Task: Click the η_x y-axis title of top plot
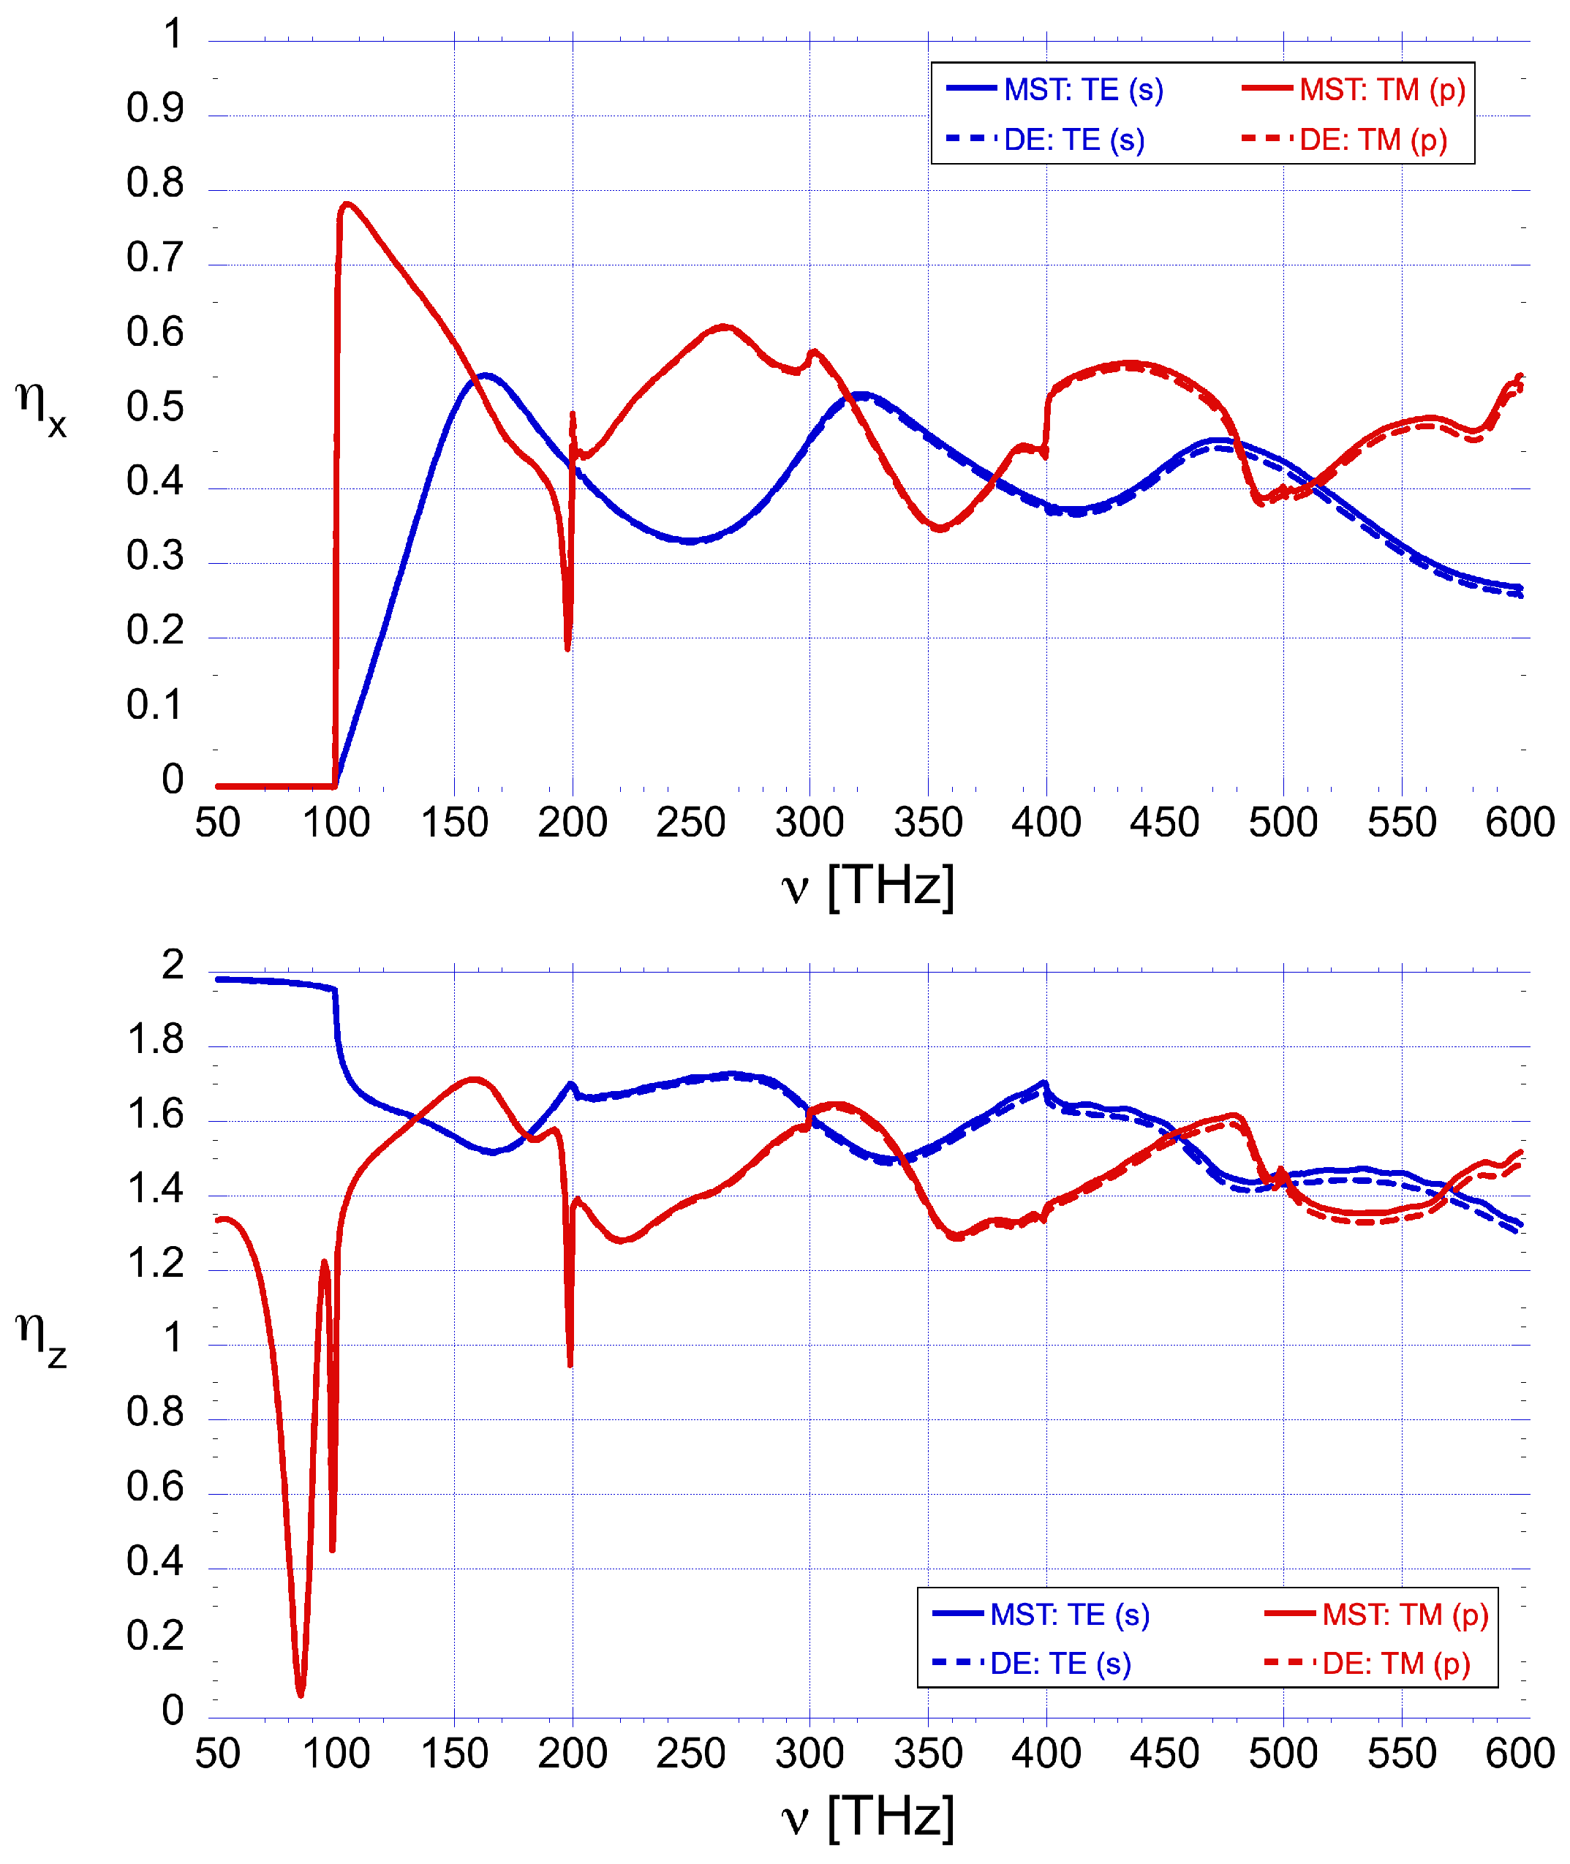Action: pyautogui.click(x=40, y=408)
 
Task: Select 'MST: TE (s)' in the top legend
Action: pyautogui.click(x=1082, y=90)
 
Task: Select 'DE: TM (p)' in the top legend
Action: pyautogui.click(x=1373, y=140)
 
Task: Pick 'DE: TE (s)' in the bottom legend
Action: pyautogui.click(x=1059, y=1663)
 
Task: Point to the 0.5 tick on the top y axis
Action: pyautogui.click(x=155, y=407)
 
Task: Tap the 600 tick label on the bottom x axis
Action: pyautogui.click(x=1520, y=1753)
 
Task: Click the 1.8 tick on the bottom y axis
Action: pyautogui.click(x=155, y=1040)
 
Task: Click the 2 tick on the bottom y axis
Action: pyautogui.click(x=173, y=965)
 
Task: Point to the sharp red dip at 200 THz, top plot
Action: pyautogui.click(x=568, y=648)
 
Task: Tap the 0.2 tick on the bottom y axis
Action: pyautogui.click(x=155, y=1635)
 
